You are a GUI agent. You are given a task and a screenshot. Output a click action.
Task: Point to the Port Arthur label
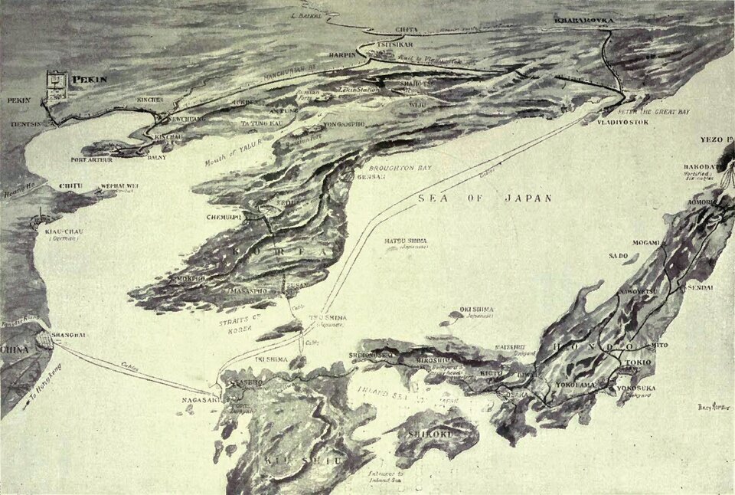coord(91,160)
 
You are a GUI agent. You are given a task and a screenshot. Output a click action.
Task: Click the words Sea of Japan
coord(485,198)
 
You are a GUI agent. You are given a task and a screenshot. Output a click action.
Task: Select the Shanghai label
coord(69,334)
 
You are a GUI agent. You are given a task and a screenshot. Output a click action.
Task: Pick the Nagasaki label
coord(200,399)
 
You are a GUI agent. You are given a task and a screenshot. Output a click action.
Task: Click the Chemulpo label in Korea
coord(224,218)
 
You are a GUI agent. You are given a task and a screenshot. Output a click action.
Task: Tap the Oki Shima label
coord(476,310)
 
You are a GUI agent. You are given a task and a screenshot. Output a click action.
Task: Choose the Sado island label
coord(618,255)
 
